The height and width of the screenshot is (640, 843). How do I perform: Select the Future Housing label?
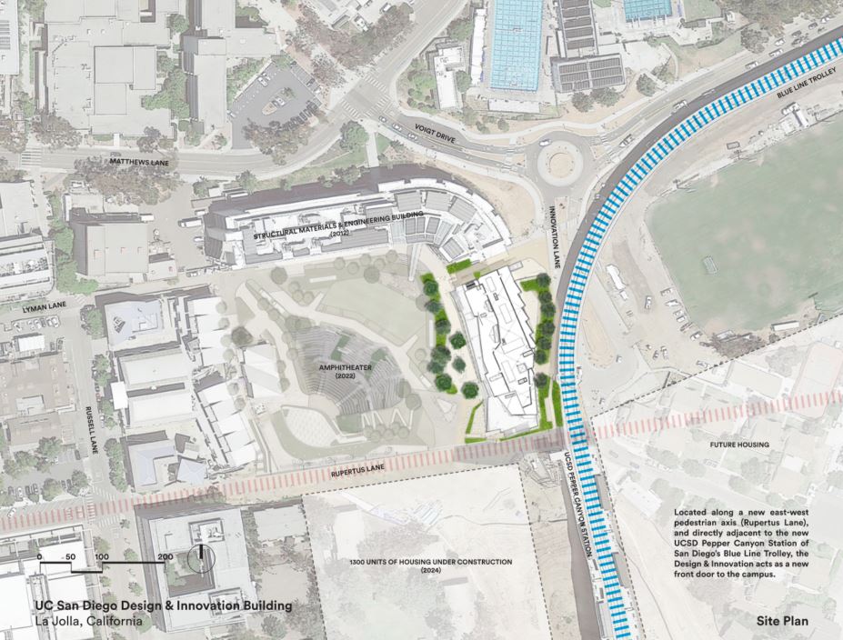point(739,445)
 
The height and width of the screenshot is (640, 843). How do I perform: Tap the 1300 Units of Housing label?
point(430,565)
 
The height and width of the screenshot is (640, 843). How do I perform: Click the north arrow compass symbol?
point(201,556)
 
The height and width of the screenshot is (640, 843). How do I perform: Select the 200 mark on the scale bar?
point(165,555)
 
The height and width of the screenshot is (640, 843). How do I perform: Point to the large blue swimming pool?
point(516,43)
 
